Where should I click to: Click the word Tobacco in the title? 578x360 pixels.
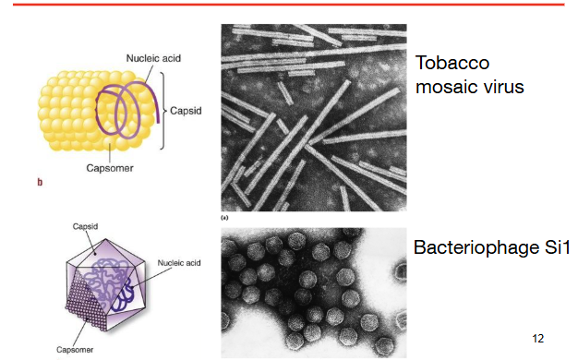click(452, 63)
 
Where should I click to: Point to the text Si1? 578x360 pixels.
click(557, 246)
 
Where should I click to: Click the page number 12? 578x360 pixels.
click(537, 338)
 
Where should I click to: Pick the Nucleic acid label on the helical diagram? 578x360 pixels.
click(153, 58)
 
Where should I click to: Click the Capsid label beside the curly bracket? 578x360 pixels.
click(186, 111)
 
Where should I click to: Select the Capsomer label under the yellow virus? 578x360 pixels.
click(110, 168)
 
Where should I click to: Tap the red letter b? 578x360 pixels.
click(40, 182)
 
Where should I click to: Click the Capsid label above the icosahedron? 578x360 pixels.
click(85, 226)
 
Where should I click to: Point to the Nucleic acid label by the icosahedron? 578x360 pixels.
click(179, 263)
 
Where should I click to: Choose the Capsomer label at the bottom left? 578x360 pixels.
click(75, 349)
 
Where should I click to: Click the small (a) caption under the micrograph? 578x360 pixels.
click(224, 218)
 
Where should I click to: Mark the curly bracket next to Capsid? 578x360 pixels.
click(163, 111)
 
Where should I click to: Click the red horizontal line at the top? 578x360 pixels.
click(289, 5)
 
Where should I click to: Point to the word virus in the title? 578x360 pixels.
click(505, 88)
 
